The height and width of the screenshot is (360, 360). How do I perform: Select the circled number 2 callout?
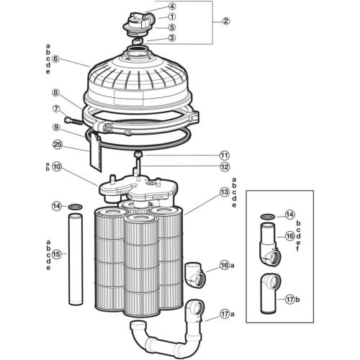(225, 21)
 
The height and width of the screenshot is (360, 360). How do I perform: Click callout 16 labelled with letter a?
(225, 266)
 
